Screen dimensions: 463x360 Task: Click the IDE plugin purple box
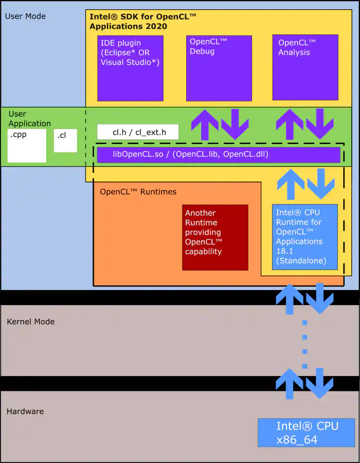click(130, 68)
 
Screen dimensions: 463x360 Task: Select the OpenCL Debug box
click(219, 68)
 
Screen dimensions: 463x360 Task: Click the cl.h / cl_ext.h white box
click(138, 132)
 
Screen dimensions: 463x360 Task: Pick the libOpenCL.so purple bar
click(219, 154)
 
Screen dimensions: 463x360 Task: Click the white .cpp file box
click(27, 146)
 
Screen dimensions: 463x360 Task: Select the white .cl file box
click(65, 140)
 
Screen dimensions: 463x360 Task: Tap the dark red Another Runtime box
click(215, 237)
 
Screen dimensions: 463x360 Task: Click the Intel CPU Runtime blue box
click(305, 237)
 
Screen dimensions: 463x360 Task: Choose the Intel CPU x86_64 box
click(307, 432)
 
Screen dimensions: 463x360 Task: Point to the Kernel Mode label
click(30, 322)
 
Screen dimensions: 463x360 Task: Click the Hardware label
click(25, 411)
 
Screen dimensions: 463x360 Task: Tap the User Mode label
click(25, 16)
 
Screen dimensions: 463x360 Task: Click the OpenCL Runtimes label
click(138, 192)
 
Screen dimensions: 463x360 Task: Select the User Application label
click(29, 118)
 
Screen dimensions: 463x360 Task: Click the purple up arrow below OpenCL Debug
click(205, 124)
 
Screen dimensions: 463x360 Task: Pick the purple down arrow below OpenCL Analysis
click(320, 124)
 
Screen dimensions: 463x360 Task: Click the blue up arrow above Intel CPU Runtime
click(291, 184)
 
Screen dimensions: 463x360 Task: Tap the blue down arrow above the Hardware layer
click(320, 383)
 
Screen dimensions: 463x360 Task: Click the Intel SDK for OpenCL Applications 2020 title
click(143, 21)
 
